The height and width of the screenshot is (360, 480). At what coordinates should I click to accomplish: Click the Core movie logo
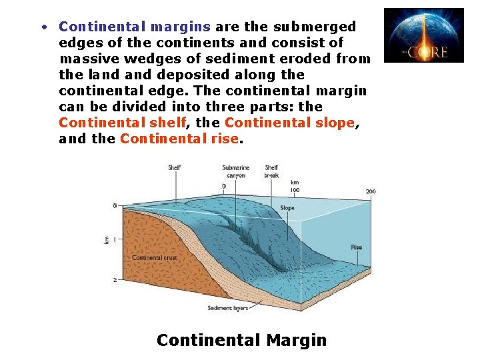pos(423,35)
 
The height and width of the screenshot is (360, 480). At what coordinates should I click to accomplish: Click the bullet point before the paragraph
pos(43,27)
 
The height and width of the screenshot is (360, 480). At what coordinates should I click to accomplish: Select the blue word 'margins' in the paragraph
pos(181,27)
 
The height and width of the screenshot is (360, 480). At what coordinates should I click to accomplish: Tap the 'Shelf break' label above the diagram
pos(271,171)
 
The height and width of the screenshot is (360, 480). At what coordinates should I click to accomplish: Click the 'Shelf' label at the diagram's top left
pos(174,168)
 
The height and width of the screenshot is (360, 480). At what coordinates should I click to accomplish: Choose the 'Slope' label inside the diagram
pos(287,208)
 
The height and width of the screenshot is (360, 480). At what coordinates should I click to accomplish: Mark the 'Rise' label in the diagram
pos(357,247)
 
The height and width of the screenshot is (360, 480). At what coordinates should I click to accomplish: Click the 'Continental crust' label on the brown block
pos(154,257)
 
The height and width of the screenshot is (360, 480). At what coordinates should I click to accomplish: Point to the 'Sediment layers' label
pos(227,308)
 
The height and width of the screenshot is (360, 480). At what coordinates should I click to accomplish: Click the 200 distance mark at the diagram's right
pos(370,192)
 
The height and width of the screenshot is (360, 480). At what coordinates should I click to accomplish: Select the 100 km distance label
pos(294,190)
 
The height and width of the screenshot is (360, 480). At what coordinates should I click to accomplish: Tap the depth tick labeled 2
pos(115,280)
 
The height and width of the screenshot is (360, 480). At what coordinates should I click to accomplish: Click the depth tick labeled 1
pos(115,239)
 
